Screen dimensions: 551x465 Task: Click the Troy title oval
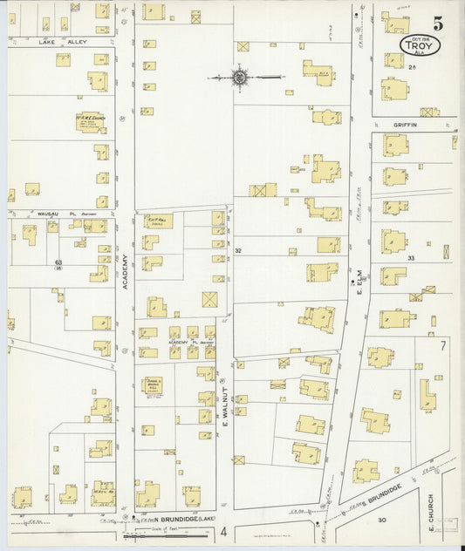(421, 44)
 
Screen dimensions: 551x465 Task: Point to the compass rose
(239, 78)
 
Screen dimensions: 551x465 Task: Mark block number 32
(237, 250)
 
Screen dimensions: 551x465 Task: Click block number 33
(410, 258)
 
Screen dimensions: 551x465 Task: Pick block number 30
(381, 520)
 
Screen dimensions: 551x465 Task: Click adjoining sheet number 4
(223, 531)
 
